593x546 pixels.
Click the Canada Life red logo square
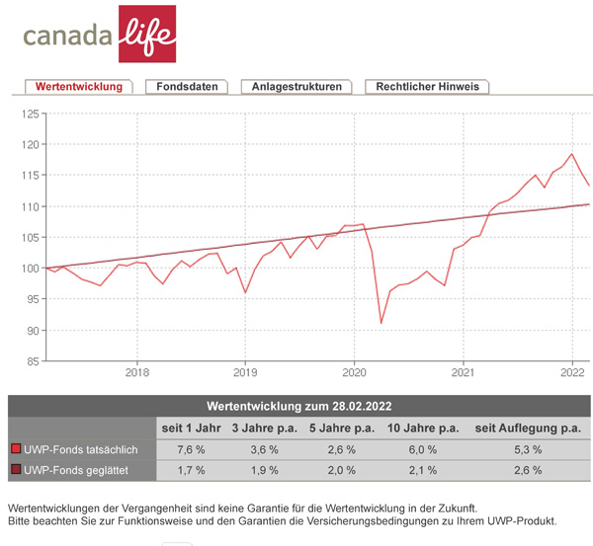click(x=146, y=33)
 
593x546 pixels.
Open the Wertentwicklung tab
click(x=78, y=87)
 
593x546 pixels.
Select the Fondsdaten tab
click(x=188, y=87)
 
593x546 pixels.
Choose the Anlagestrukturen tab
click(x=296, y=87)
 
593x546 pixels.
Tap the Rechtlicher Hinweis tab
click(x=427, y=87)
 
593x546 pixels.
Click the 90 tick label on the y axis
click(x=30, y=330)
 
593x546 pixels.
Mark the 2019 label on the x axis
click(x=246, y=373)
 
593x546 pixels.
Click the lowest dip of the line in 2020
click(x=381, y=322)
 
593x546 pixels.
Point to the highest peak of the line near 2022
click(x=572, y=154)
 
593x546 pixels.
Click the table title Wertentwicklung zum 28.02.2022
click(x=298, y=406)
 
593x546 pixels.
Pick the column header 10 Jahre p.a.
click(x=424, y=428)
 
